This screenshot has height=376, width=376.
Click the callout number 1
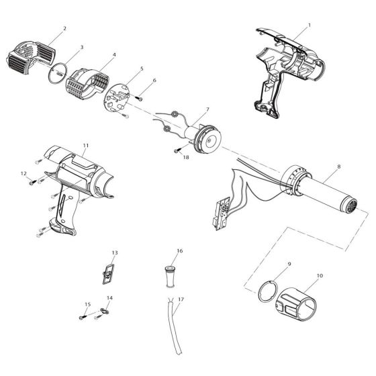coord(309,25)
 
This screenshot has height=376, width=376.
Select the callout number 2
coord(64,29)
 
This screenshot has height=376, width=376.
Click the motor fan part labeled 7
coord(205,138)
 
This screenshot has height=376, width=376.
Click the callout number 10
coord(318,276)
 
